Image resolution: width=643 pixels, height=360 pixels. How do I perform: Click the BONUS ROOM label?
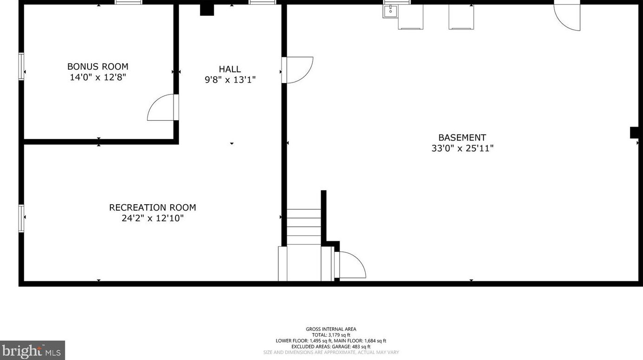point(98,66)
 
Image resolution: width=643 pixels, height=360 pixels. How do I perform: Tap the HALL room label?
point(230,69)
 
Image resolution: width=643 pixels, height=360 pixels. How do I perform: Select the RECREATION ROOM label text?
point(153,207)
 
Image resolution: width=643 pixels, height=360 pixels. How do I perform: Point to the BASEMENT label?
point(462,137)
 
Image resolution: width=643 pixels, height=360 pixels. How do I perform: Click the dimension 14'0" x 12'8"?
point(98,77)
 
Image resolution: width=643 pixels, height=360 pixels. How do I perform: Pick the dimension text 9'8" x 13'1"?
point(230,80)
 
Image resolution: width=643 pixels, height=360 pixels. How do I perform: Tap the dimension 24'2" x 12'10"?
point(153,218)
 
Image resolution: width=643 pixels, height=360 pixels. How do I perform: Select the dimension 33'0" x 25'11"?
point(462,148)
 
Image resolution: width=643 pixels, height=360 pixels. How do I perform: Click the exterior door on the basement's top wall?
point(568,16)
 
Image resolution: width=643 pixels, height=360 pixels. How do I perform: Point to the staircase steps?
point(303,227)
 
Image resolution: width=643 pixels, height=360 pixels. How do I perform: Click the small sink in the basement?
point(390,11)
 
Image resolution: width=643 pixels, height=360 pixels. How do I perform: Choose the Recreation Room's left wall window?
point(21,218)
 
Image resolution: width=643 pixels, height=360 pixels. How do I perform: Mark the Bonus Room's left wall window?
point(21,66)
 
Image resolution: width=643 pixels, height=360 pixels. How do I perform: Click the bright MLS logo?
point(32,350)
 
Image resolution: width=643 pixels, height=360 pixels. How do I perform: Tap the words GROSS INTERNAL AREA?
point(331,329)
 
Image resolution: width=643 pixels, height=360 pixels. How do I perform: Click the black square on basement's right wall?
point(635,132)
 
